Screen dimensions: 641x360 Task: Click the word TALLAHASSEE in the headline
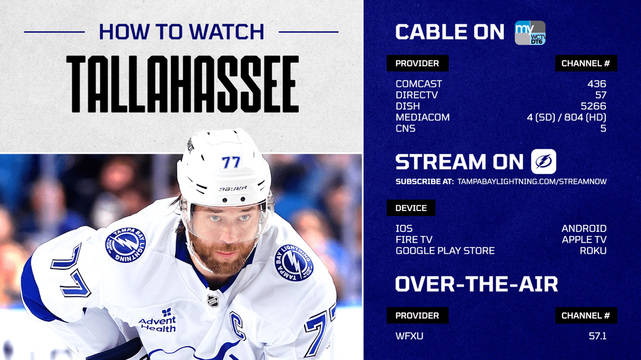point(182,84)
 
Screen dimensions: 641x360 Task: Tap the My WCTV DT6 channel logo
point(530,33)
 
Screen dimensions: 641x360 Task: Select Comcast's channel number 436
point(596,84)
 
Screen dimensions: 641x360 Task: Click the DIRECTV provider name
point(417,95)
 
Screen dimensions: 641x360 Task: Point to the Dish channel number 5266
point(593,106)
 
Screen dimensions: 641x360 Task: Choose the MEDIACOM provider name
point(423,117)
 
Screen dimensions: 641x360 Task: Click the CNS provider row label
point(405,128)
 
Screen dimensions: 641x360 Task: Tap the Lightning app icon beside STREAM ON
point(543,161)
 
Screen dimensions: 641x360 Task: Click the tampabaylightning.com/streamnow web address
point(532,181)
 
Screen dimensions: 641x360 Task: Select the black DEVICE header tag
point(411,208)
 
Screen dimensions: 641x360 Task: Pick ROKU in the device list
point(593,250)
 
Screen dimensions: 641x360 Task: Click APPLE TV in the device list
point(584,240)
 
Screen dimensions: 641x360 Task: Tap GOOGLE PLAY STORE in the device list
point(445,250)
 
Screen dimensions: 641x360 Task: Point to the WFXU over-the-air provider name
point(409,336)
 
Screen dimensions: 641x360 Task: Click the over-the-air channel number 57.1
point(597,336)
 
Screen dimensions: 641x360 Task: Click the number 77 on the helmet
point(231,163)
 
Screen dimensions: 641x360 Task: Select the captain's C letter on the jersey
point(237,325)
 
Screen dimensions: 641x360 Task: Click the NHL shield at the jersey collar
point(212,301)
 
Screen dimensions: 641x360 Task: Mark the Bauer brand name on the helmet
point(233,189)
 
